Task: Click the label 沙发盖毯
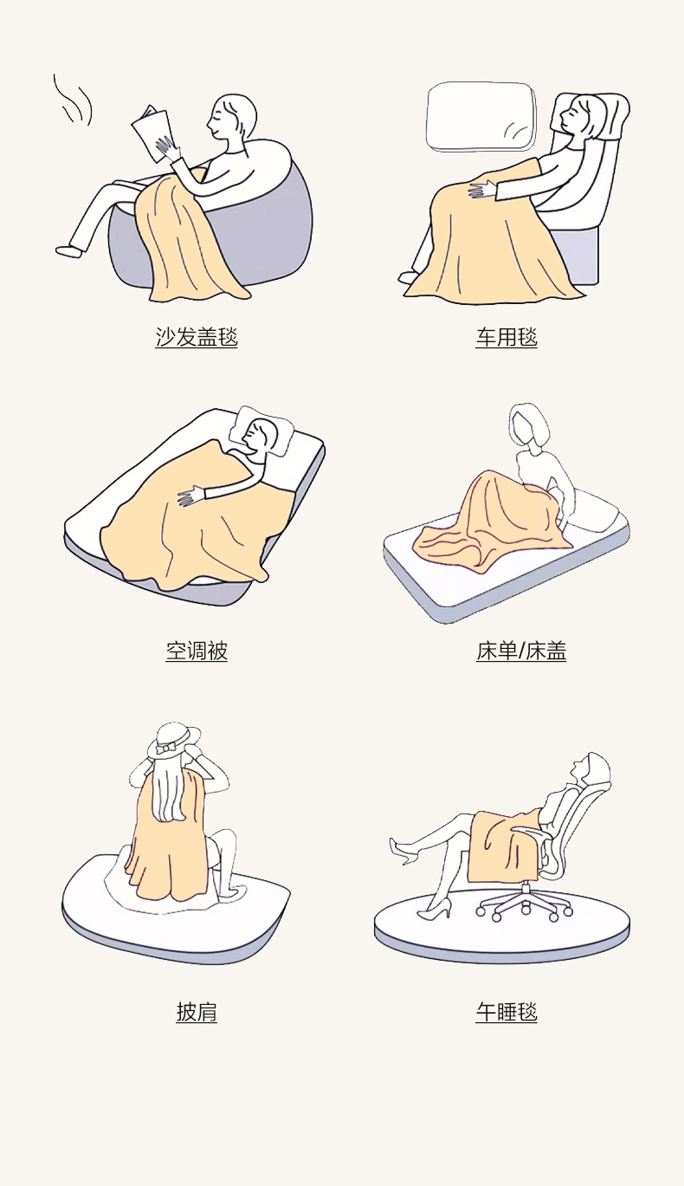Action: pyautogui.click(x=197, y=337)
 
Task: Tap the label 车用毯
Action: pyautogui.click(x=507, y=337)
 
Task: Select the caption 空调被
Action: pyautogui.click(x=197, y=651)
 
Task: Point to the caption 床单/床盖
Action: pyautogui.click(x=521, y=651)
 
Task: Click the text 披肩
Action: pyautogui.click(x=197, y=1011)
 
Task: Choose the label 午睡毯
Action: pyautogui.click(x=507, y=1011)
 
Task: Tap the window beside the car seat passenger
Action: pyautogui.click(x=481, y=116)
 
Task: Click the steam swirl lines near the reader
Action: pyautogui.click(x=73, y=100)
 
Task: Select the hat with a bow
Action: pyautogui.click(x=173, y=740)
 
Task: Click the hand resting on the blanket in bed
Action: pyautogui.click(x=191, y=496)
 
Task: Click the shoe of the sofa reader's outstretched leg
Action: pyautogui.click(x=69, y=250)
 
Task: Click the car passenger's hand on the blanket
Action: pyautogui.click(x=481, y=191)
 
